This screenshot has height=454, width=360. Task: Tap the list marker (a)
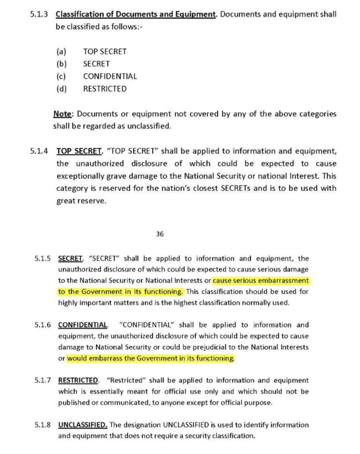61,51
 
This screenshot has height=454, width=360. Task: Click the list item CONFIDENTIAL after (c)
110,76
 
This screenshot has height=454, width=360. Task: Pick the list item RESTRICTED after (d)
105,89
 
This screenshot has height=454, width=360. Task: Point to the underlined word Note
61,113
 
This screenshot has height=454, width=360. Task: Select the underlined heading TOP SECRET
79,151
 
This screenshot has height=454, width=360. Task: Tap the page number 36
160,234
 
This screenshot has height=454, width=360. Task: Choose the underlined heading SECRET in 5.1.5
70,259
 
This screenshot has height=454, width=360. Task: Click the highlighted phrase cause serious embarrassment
261,281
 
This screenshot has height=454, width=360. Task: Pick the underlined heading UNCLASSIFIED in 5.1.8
83,424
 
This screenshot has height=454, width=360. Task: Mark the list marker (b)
61,64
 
